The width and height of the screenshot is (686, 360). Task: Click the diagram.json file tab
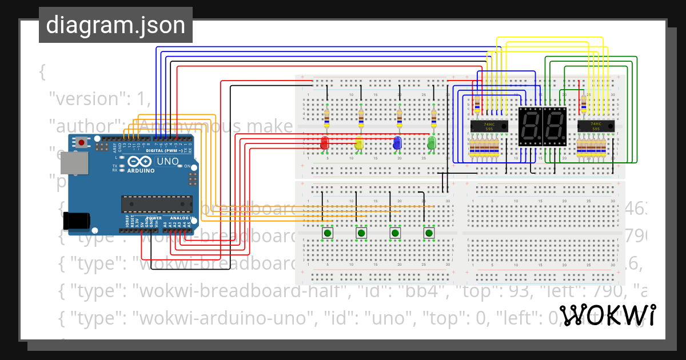click(x=115, y=26)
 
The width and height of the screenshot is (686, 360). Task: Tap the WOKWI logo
click(x=607, y=316)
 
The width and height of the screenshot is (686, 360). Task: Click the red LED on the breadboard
click(x=325, y=143)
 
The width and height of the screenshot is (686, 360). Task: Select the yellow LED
click(x=359, y=143)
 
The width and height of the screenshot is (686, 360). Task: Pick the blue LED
click(x=397, y=143)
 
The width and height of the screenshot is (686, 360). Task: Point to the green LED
click(x=432, y=142)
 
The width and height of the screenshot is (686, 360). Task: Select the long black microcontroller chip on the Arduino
click(x=156, y=204)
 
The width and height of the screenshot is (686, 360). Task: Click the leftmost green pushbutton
click(x=327, y=233)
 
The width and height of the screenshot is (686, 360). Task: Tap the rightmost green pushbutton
click(x=429, y=233)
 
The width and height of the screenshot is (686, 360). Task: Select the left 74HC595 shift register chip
click(x=489, y=126)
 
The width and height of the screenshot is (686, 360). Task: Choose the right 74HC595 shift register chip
click(x=596, y=126)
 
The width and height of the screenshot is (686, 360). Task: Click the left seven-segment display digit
click(x=530, y=126)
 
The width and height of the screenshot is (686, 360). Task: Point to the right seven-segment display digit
click(x=555, y=126)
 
